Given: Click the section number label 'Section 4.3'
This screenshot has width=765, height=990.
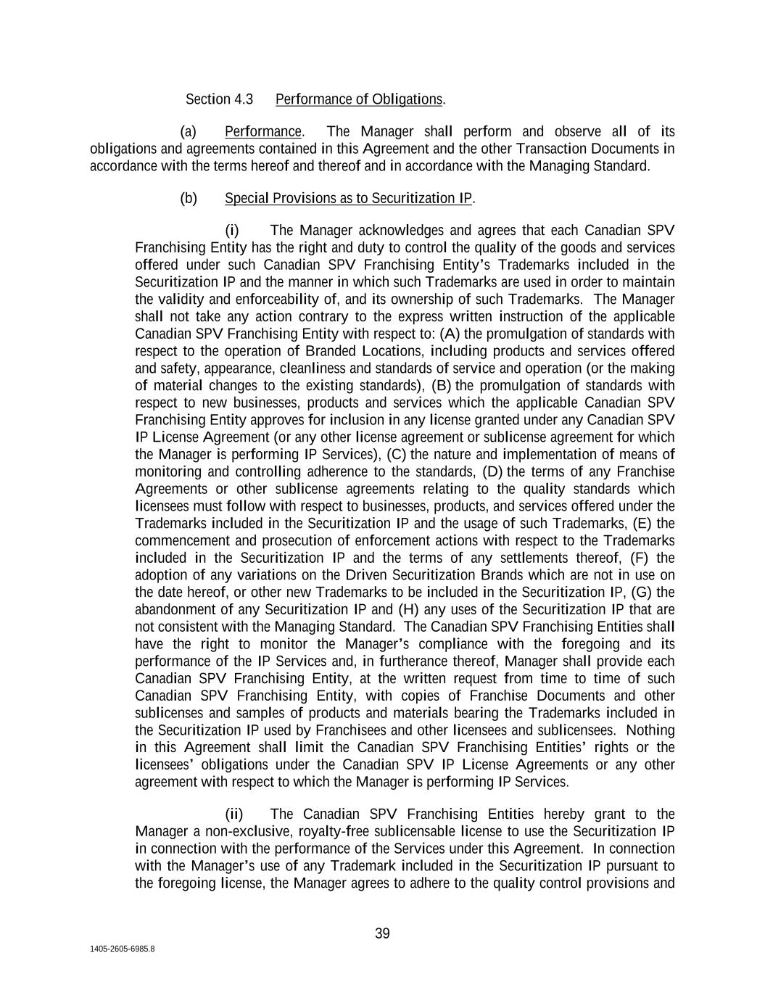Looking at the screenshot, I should coord(219,99).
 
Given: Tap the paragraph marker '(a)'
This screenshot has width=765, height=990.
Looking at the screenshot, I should coord(189,131).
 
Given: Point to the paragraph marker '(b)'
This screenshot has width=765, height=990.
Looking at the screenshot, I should coord(189,198).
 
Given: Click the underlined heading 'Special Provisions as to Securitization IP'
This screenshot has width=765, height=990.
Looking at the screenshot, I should coord(349,198).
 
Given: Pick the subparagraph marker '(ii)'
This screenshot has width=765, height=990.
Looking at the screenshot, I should coord(233,814).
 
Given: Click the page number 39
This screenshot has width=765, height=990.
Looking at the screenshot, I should coord(382,933).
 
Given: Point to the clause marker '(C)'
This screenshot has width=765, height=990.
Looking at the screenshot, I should coord(396,454).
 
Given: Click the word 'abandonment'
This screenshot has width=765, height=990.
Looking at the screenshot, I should coord(175,609).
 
